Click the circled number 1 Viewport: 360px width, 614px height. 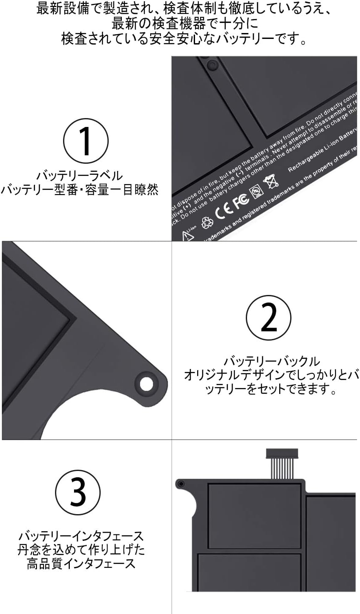[x=86, y=141]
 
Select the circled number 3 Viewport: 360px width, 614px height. [x=78, y=492]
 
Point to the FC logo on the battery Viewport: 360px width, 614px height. [x=241, y=202]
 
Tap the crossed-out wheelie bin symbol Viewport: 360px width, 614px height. [x=271, y=182]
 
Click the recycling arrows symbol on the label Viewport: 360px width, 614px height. [x=207, y=222]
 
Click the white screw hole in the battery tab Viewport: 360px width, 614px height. [x=147, y=383]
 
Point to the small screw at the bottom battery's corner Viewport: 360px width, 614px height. [x=181, y=484]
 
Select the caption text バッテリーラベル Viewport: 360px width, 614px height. [x=79, y=175]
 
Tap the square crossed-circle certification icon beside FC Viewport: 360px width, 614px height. [x=256, y=190]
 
